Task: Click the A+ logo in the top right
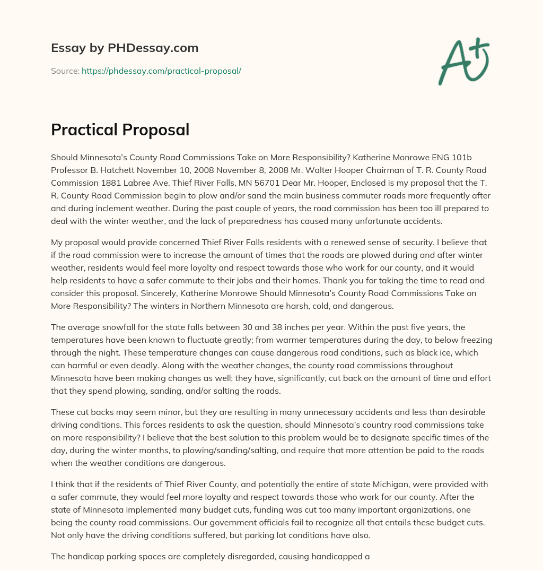[463, 61]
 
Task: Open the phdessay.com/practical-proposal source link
[161, 71]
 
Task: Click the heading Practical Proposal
[120, 130]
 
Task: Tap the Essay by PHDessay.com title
[125, 48]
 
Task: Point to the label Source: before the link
[65, 71]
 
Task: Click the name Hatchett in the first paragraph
[120, 170]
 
